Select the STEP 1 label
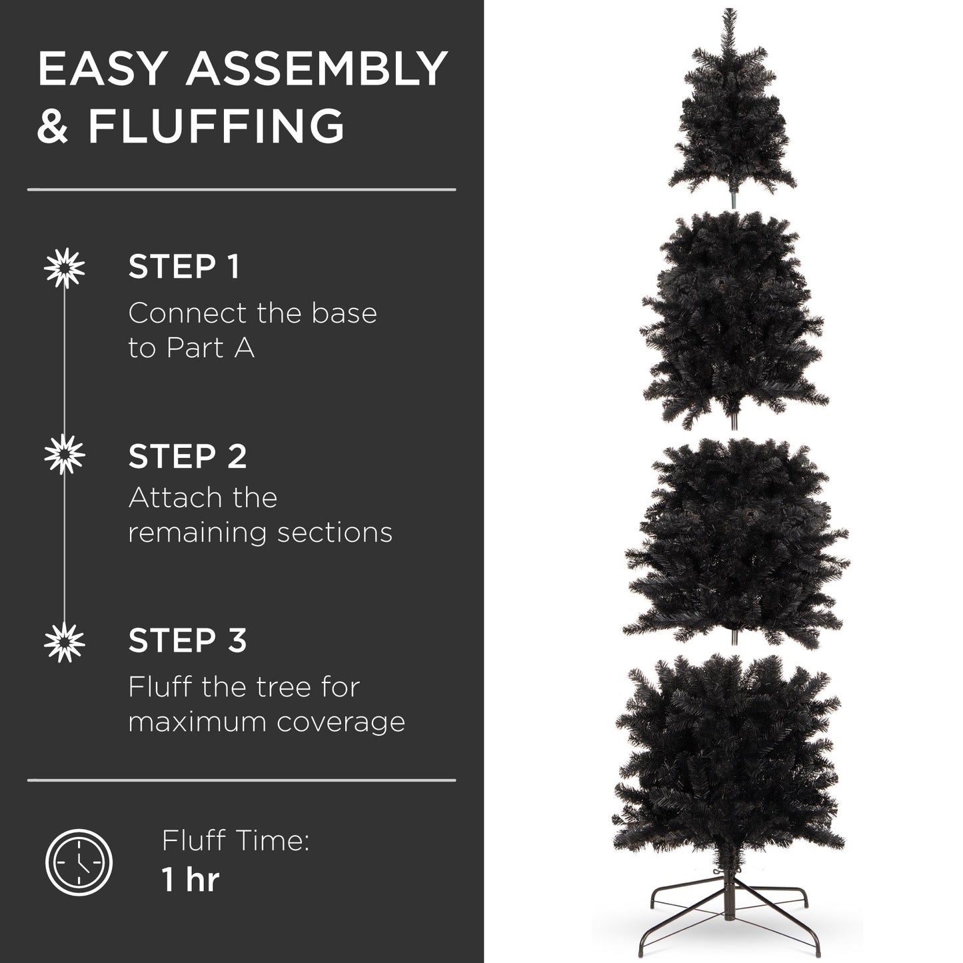[x=183, y=267]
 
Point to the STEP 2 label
[x=187, y=457]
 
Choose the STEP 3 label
[x=187, y=640]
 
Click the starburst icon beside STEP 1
[x=65, y=267]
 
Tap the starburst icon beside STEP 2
[x=65, y=455]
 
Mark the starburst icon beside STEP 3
[x=65, y=642]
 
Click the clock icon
[x=79, y=862]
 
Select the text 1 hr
[x=190, y=880]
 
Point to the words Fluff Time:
[x=235, y=840]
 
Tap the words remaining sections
[x=260, y=532]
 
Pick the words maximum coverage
[x=267, y=722]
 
